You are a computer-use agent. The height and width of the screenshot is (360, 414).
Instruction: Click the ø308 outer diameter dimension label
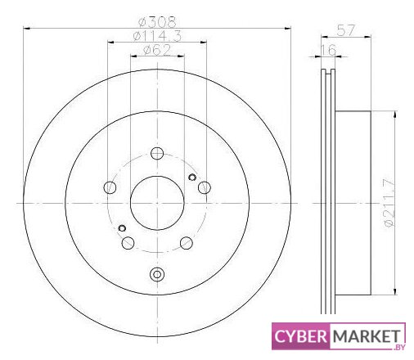coord(157,22)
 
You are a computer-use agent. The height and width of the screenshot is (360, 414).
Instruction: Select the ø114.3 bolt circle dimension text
coord(157,36)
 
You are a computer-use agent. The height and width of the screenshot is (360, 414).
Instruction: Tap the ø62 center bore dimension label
coord(157,50)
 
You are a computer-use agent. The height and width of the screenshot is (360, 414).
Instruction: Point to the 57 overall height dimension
coord(346,30)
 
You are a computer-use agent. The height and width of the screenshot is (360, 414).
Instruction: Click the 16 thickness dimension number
coord(328,50)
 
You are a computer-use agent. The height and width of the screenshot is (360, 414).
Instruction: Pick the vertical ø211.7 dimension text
coord(389,202)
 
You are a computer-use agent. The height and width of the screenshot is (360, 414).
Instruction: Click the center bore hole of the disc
coord(157,203)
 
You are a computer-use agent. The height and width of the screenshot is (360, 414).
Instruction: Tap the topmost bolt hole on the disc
coord(157,153)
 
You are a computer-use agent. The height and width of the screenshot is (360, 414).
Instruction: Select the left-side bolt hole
coord(110,187)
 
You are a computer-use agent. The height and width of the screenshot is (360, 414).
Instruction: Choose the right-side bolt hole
coord(205,187)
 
